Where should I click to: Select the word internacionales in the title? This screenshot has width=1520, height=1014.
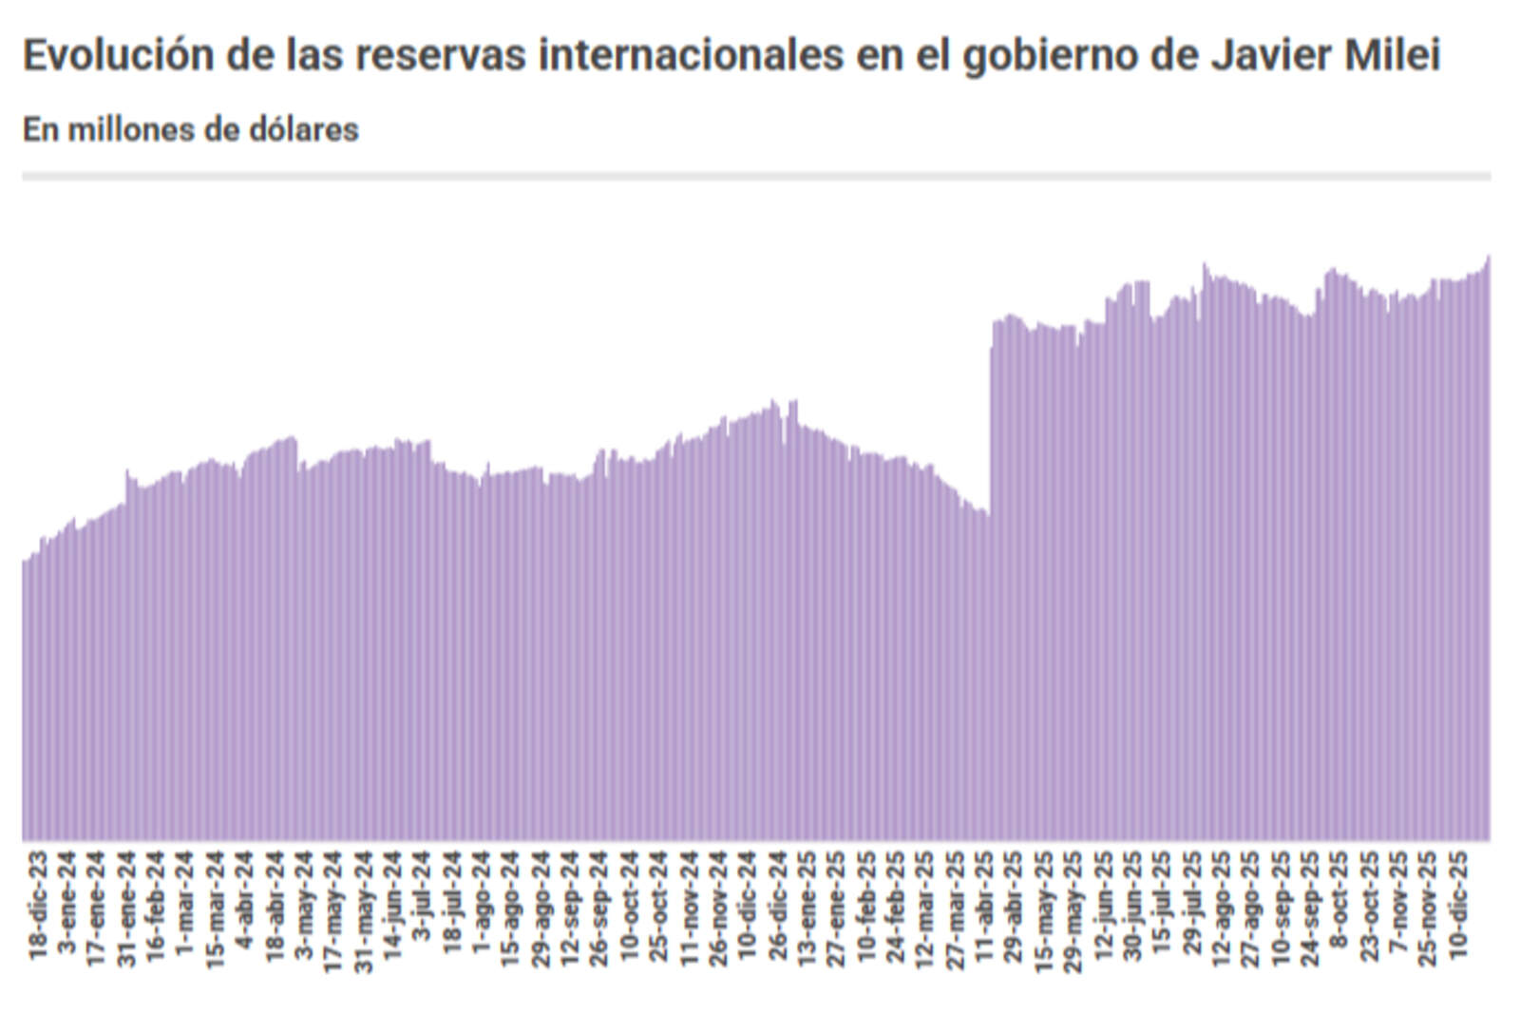[x=692, y=55]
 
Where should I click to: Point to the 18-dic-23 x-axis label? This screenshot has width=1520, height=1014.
[x=38, y=906]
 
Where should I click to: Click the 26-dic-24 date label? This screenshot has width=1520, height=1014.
[x=778, y=906]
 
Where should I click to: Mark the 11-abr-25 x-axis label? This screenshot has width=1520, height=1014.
[x=985, y=906]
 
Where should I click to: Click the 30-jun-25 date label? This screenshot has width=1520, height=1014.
[x=1133, y=906]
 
